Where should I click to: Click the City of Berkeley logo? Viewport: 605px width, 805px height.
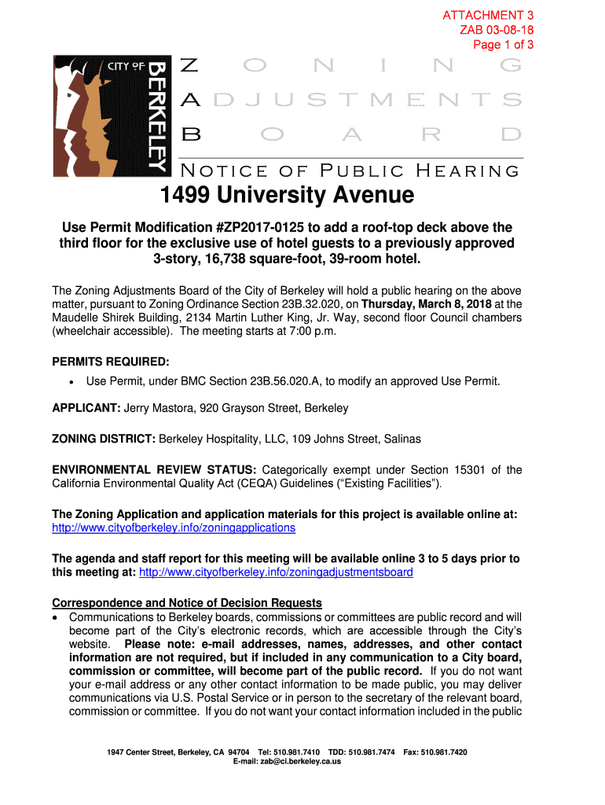(x=110, y=116)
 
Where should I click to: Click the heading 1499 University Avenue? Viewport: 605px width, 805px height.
(x=287, y=194)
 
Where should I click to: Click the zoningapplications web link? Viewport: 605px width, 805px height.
(x=174, y=527)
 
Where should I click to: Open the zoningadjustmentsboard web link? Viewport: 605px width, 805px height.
(x=276, y=572)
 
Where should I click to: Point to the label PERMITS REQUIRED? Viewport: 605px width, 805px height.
(x=110, y=362)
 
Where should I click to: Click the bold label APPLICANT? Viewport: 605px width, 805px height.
(x=86, y=409)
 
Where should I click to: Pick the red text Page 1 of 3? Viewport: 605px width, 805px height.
(x=503, y=44)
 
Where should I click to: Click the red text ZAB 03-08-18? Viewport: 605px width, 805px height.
(x=497, y=30)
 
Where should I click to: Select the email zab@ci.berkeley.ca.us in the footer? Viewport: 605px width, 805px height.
(x=304, y=762)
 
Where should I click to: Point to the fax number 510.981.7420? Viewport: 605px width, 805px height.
(x=444, y=752)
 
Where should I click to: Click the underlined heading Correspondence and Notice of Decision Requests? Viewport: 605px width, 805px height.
(x=187, y=603)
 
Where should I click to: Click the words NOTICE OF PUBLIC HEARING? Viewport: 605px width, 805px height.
(x=350, y=170)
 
